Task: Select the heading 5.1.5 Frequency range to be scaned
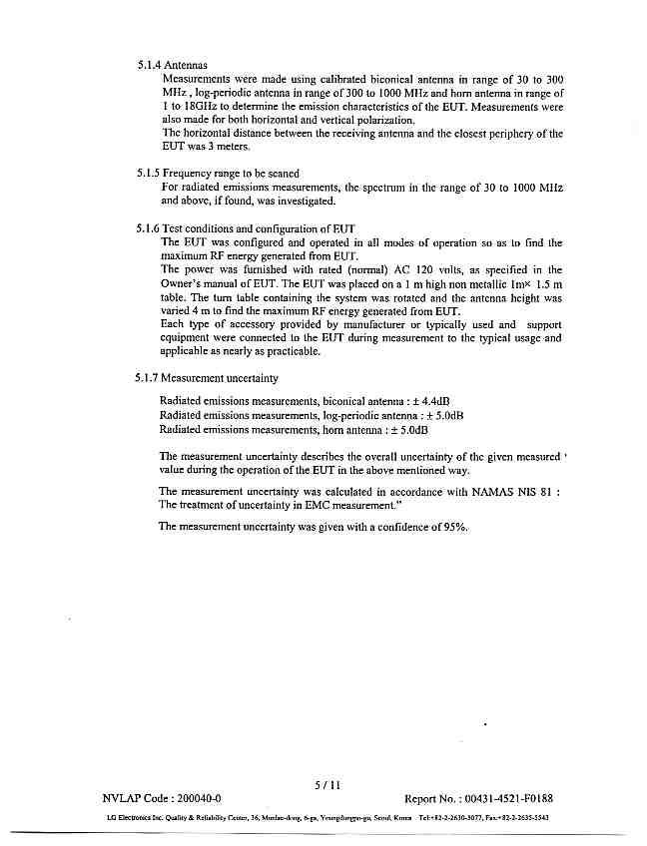218,173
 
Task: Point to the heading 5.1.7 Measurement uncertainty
208,379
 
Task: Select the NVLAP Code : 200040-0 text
162,799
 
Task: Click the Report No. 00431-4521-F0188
478,799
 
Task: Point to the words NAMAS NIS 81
512,492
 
